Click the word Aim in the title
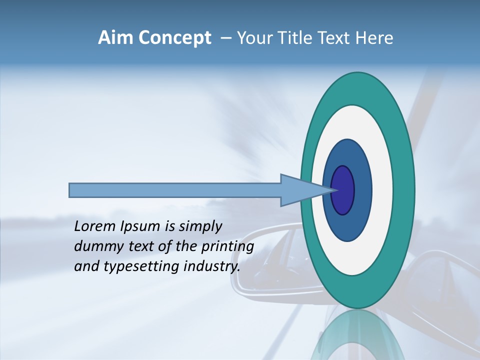[115, 38]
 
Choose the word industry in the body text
[212, 267]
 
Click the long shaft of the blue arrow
[175, 190]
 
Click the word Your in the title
[252, 38]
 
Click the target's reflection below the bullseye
[357, 335]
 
